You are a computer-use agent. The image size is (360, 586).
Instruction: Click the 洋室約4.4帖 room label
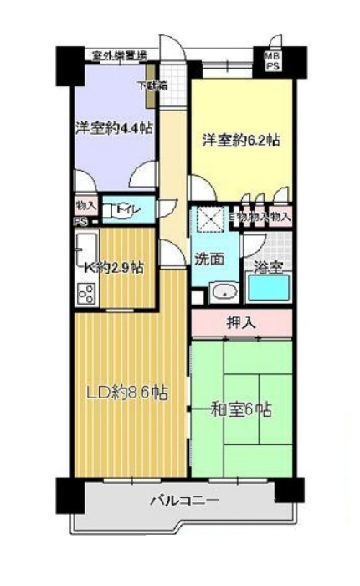tap(112, 130)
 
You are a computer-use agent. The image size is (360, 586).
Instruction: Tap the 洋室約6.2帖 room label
tap(239, 141)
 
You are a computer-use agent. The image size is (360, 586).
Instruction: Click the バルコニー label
tap(184, 501)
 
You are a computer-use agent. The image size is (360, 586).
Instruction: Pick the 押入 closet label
tap(242, 321)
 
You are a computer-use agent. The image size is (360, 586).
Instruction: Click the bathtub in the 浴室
tap(269, 287)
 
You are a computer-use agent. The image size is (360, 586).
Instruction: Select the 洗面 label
tap(209, 259)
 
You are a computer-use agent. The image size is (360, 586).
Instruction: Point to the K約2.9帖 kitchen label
tap(114, 268)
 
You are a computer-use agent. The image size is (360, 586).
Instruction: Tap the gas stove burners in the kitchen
tap(86, 293)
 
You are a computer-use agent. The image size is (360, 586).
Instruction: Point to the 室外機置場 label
tap(120, 56)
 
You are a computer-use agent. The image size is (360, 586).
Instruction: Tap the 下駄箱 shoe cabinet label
tap(152, 85)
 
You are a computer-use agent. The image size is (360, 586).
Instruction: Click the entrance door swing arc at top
tap(170, 49)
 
